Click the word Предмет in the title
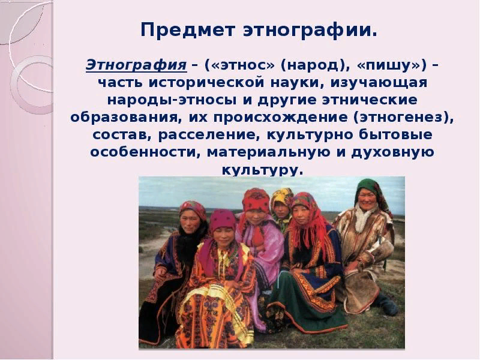click(188, 30)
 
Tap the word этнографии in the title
click(310, 31)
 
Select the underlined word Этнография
click(136, 65)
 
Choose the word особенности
click(142, 152)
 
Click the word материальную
click(268, 153)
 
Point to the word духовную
click(393, 153)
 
